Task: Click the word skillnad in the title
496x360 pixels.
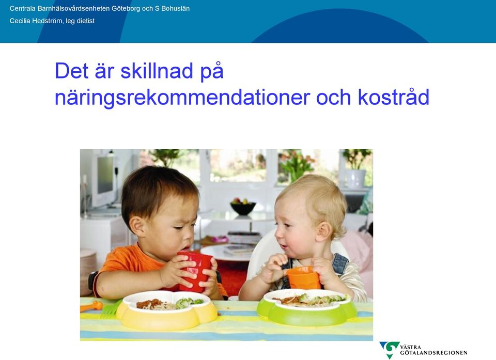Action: [x=157, y=71]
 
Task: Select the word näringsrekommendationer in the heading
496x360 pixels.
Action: [x=182, y=98]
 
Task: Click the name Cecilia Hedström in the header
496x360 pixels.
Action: [x=36, y=21]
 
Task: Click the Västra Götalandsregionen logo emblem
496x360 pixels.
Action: [x=390, y=349]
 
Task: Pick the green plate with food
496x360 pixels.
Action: [x=306, y=306]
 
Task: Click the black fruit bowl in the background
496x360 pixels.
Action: [x=243, y=207]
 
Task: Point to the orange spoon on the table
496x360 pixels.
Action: [x=91, y=306]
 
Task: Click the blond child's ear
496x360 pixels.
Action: [x=324, y=231]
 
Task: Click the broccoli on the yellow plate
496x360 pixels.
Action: [x=188, y=303]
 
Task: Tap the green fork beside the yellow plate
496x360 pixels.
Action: [x=111, y=310]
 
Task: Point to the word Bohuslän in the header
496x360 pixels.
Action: [x=176, y=9]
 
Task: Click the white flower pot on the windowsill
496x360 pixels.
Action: [x=356, y=179]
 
